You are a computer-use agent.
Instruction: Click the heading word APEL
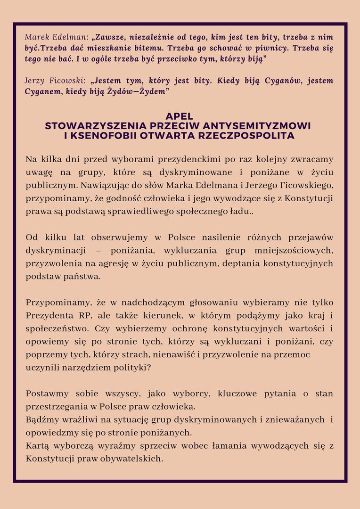(x=180, y=116)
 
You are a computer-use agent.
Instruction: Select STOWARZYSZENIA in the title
(x=92, y=126)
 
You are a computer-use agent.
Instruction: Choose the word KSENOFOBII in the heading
(x=100, y=136)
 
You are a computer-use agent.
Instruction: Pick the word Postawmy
(x=47, y=394)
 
